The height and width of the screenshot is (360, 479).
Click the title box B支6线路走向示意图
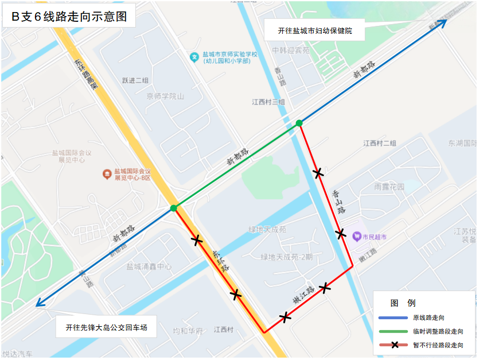[x=69, y=16]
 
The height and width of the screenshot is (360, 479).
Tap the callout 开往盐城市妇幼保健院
[x=314, y=31]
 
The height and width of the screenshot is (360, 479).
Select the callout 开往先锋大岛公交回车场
[x=106, y=328]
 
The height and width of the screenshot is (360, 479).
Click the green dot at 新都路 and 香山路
[x=299, y=123]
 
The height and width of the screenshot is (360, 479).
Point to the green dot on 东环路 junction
[x=173, y=208]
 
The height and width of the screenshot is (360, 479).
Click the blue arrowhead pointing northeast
[x=442, y=22]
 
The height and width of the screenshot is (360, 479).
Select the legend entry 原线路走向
[x=428, y=318]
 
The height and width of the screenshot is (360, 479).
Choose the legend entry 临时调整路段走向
[x=438, y=331]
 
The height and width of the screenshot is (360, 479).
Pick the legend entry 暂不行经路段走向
[x=438, y=345]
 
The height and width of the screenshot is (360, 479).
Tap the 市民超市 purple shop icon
[x=356, y=236]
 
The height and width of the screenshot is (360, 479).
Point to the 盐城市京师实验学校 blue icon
[x=194, y=57]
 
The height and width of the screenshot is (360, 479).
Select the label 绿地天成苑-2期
[x=287, y=257]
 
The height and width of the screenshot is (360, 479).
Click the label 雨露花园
[x=390, y=187]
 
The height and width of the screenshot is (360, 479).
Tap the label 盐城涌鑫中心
[x=149, y=266]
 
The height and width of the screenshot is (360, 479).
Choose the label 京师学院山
[x=165, y=96]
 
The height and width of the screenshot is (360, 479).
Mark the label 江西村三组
[x=268, y=102]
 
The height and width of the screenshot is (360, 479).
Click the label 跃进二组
[x=135, y=80]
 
